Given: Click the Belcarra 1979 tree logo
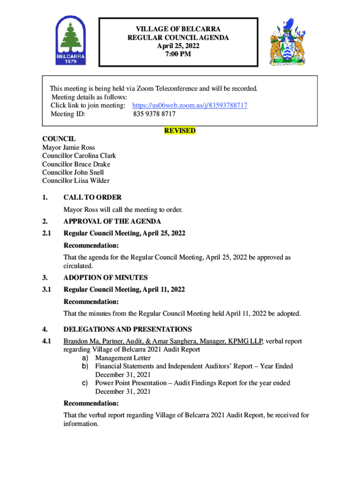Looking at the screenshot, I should coord(71,42).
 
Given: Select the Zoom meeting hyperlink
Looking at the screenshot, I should coord(190,106).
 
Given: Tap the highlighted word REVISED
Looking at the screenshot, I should coord(180,131).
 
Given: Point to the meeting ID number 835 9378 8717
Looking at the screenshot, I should coord(154,114).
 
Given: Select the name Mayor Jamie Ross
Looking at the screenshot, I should coord(69,148).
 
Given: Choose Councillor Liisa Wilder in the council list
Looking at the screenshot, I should coord(76,181).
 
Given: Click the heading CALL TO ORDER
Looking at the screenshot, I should coord(93,197).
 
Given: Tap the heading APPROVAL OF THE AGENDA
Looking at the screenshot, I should coord(112,221).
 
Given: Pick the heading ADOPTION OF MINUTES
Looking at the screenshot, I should coord(106,277).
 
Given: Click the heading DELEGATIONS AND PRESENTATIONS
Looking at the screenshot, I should coord(128,329).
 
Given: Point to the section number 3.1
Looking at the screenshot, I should coord(46,290).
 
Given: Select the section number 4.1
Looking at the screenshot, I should coord(46,341).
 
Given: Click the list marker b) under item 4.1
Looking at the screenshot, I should coord(85,366).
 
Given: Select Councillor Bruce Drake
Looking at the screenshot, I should coord(76,164).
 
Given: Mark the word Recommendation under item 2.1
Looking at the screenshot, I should coord(91,246).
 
